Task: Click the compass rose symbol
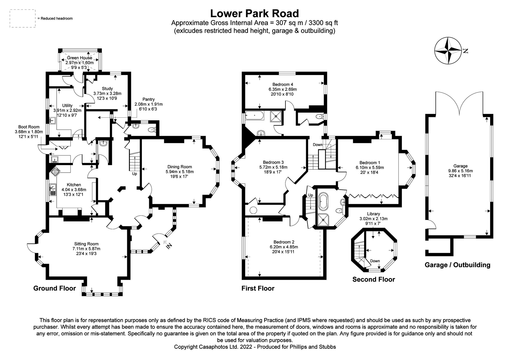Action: (x=448, y=51)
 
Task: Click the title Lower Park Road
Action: (x=254, y=13)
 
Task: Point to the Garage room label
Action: (x=460, y=166)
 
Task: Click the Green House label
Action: (x=79, y=58)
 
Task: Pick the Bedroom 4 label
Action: (x=282, y=84)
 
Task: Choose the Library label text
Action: (x=373, y=214)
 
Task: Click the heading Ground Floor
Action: (x=55, y=288)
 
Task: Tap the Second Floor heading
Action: (x=373, y=279)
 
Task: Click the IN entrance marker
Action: (x=169, y=246)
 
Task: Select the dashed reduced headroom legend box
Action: (x=23, y=18)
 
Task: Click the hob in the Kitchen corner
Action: (x=54, y=172)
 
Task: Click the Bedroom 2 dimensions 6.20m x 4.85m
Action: (x=284, y=247)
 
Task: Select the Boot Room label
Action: (x=29, y=127)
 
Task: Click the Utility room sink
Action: (x=52, y=120)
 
